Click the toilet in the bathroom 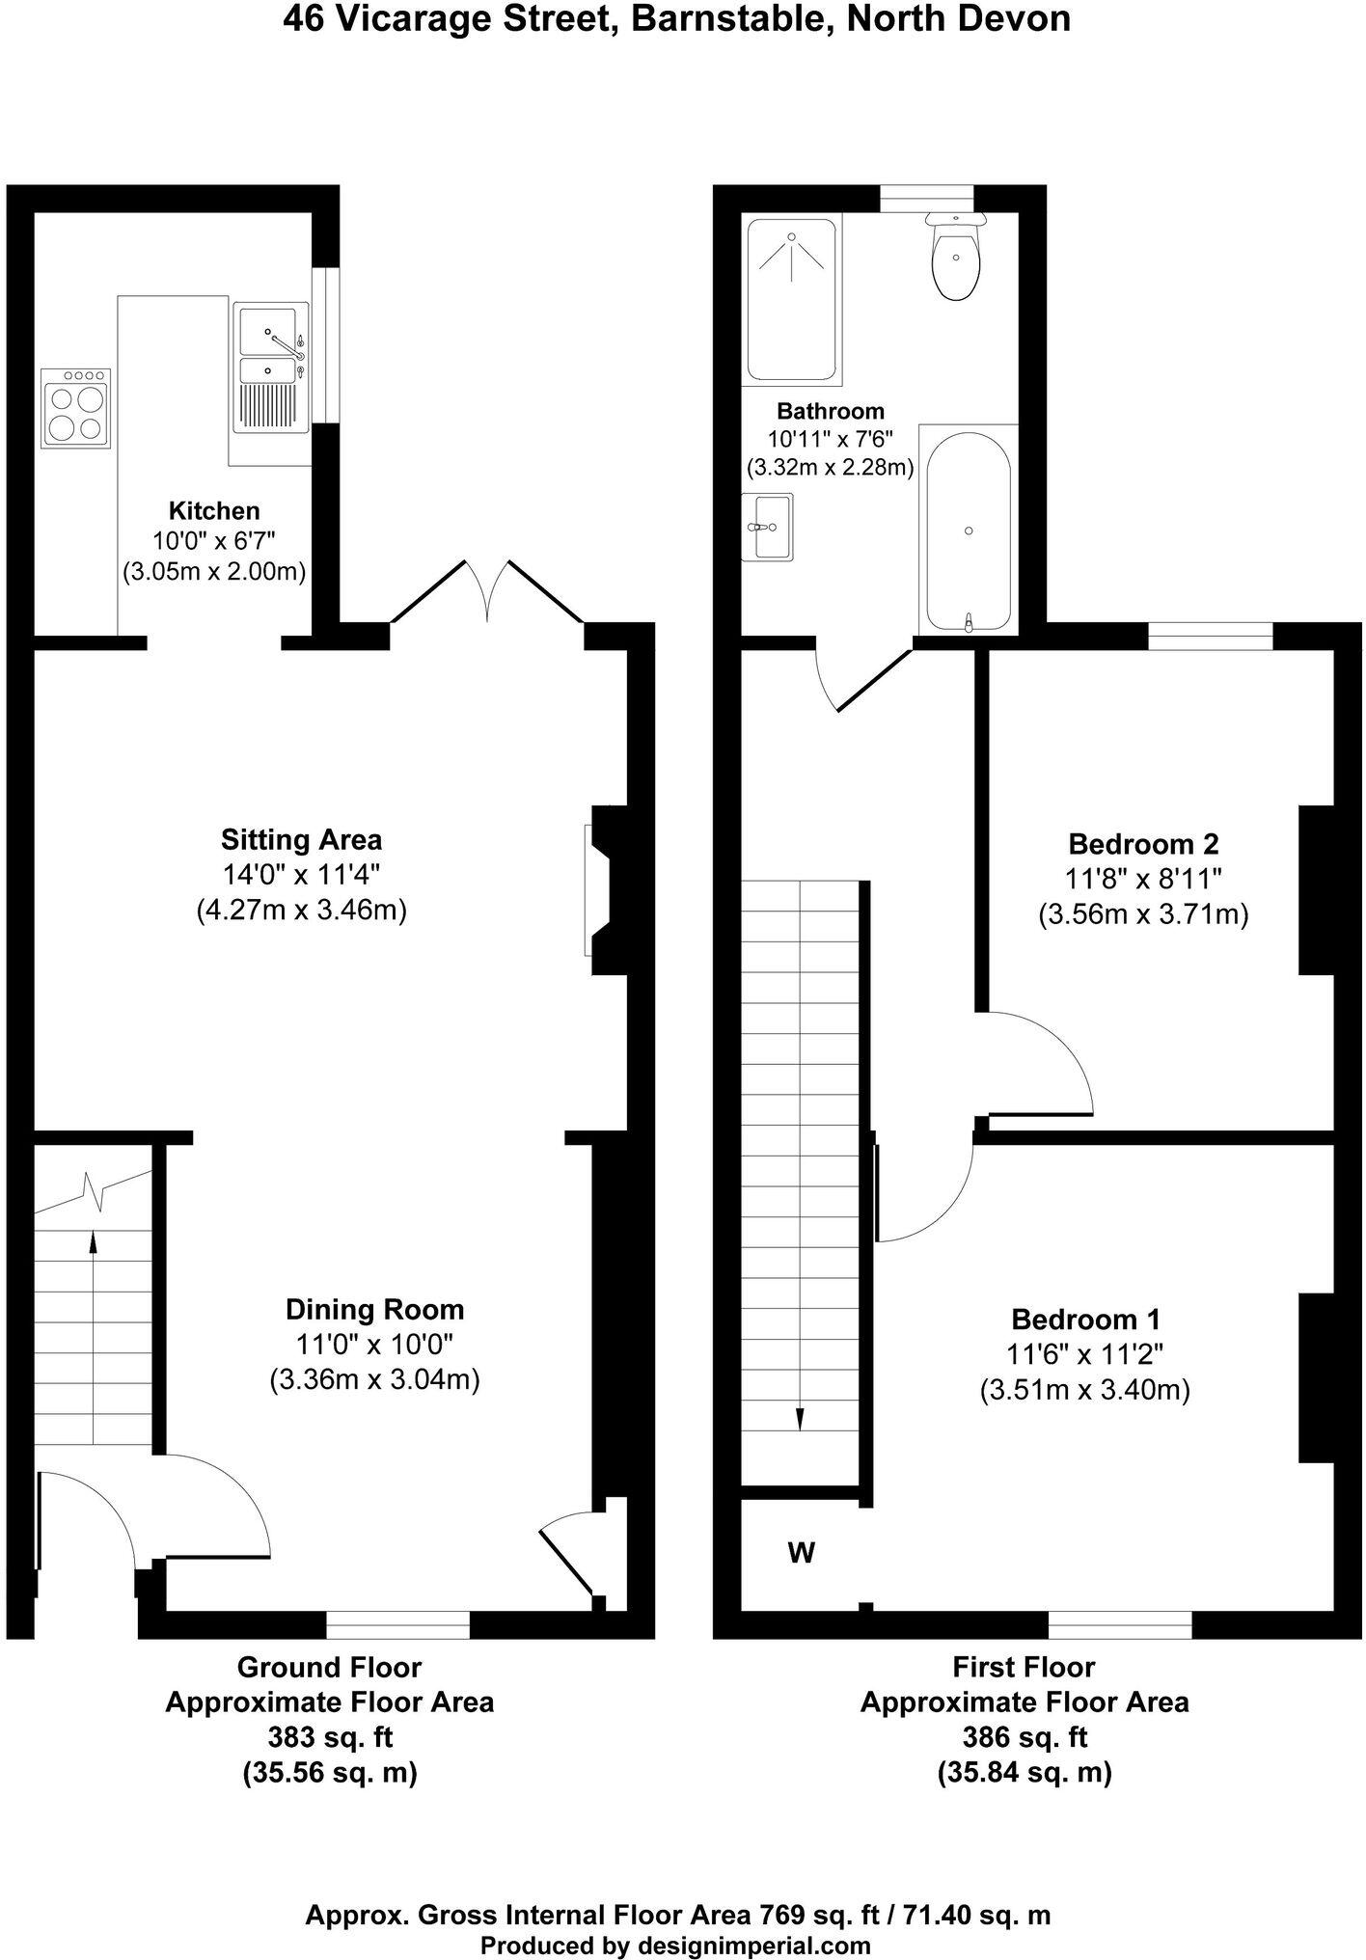tap(955, 256)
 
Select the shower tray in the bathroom tap(792, 296)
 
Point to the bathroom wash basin tap(769, 527)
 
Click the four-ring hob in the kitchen tap(76, 408)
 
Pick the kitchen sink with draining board tap(270, 367)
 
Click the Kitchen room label tap(214, 510)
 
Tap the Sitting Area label tap(301, 838)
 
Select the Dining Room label tap(374, 1309)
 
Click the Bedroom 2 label tap(1143, 844)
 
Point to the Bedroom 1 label tap(1085, 1319)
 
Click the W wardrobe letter tap(802, 1553)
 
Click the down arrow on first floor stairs tap(800, 1418)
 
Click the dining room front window tap(397, 1624)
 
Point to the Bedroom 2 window tap(1210, 637)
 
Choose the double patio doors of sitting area tap(487, 593)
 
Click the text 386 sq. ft tap(1024, 1736)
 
